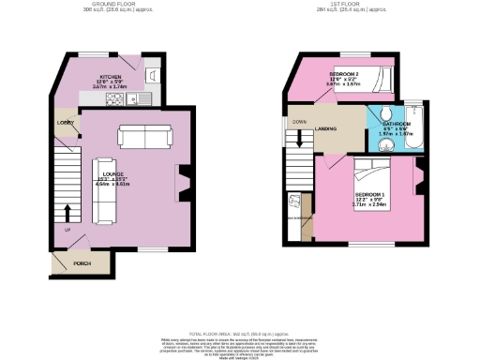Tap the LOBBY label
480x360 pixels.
point(66,123)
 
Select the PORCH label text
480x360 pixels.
point(82,263)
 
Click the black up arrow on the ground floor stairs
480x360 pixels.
point(67,209)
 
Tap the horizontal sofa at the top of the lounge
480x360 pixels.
point(144,138)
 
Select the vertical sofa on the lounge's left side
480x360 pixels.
point(102,187)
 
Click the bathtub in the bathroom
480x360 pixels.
point(416,126)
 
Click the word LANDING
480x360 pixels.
point(327,130)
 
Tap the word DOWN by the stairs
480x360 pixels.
point(299,123)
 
